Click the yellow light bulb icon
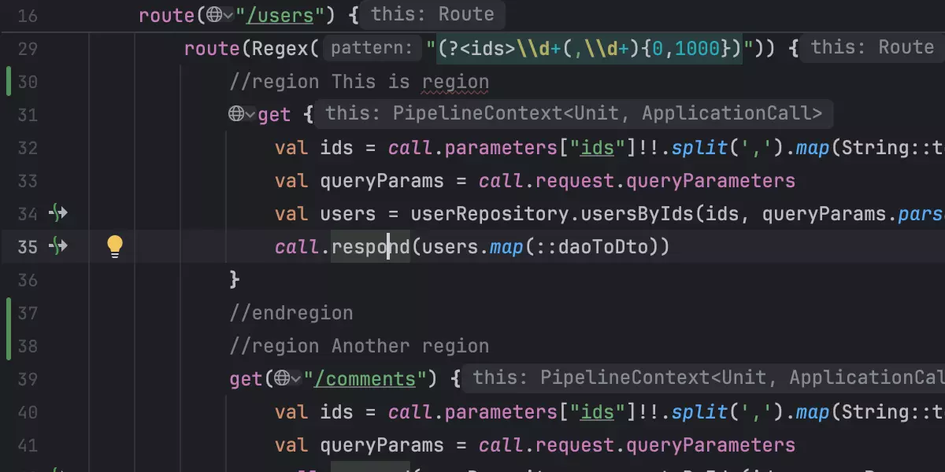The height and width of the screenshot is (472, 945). pyautogui.click(x=115, y=247)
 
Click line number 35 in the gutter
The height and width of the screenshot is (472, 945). pyautogui.click(x=28, y=247)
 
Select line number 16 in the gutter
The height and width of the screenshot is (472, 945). pyautogui.click(x=28, y=14)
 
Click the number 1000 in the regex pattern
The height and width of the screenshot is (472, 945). pyautogui.click(x=697, y=49)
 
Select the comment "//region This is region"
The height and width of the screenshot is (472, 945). pyautogui.click(x=359, y=82)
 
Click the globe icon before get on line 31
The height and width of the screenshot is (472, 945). pyautogui.click(x=237, y=115)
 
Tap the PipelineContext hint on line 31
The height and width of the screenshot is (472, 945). pyautogui.click(x=573, y=115)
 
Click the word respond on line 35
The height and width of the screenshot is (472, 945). pyautogui.click(x=370, y=247)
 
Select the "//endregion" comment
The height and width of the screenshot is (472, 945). pyautogui.click(x=291, y=313)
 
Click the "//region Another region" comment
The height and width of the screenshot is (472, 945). pyautogui.click(x=359, y=346)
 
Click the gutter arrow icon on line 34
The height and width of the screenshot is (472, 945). pyautogui.click(x=58, y=214)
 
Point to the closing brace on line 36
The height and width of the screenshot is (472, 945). pyautogui.click(x=234, y=280)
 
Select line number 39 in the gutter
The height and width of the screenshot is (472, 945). pyautogui.click(x=28, y=379)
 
